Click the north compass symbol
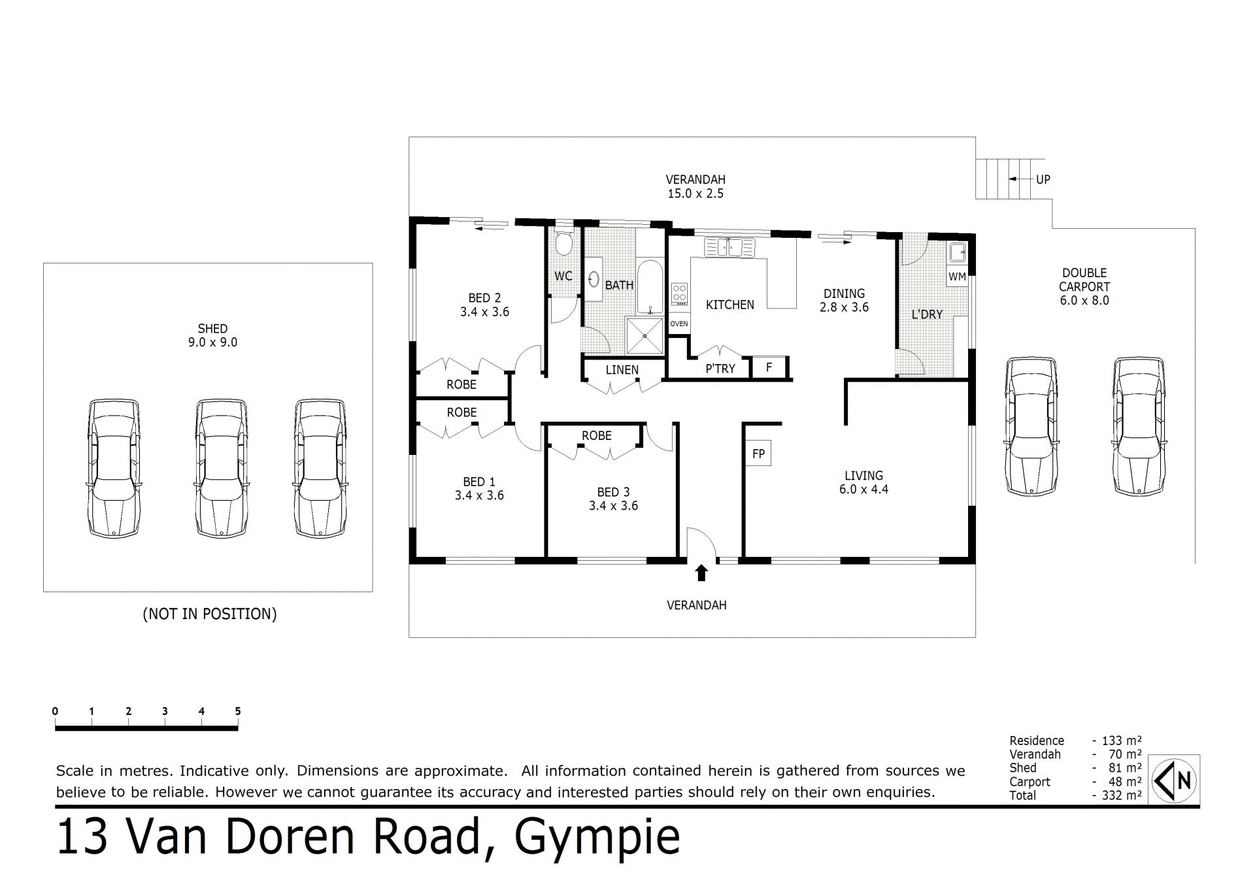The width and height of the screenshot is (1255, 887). (1175, 779)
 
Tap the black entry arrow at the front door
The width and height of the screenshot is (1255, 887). (701, 573)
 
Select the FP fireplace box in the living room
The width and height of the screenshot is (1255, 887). (758, 454)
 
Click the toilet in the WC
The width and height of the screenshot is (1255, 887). (563, 244)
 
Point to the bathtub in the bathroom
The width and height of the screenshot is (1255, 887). (650, 288)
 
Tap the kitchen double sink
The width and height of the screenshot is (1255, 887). (729, 247)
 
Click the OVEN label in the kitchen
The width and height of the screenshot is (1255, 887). (679, 324)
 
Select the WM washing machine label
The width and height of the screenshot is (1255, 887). (957, 276)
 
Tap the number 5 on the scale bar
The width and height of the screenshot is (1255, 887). (238, 711)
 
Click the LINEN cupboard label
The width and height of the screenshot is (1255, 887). (622, 370)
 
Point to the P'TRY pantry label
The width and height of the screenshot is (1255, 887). (720, 369)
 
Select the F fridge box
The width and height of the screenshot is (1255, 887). (769, 367)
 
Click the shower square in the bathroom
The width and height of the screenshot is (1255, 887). (644, 336)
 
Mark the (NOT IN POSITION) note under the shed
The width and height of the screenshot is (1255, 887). (210, 614)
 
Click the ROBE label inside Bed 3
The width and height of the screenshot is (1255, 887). (597, 435)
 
